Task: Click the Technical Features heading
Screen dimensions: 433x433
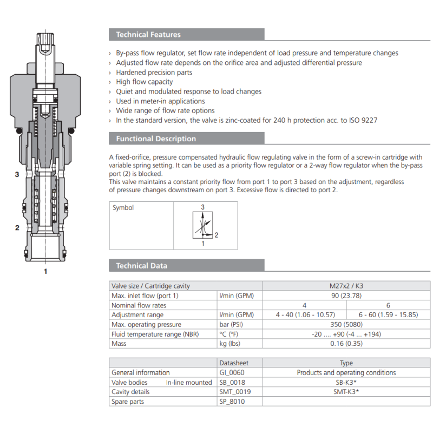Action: coord(148,35)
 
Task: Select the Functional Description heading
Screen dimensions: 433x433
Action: coord(156,139)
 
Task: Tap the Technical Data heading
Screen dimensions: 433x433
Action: coord(142,266)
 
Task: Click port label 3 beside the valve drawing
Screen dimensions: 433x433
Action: coord(17,175)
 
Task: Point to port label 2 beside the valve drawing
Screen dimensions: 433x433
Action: coord(17,228)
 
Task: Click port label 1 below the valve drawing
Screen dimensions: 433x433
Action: coord(45,271)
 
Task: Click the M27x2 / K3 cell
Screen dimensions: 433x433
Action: coord(346,286)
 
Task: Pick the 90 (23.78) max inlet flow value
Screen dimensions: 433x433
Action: coord(346,296)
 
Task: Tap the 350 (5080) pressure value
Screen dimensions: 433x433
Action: coord(346,324)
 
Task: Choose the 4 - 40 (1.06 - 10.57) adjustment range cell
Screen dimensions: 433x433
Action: coord(305,314)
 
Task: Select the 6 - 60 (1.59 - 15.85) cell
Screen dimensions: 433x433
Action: coord(388,314)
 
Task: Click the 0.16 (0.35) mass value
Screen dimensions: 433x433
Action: coord(346,344)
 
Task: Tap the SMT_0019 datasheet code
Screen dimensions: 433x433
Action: coord(235,392)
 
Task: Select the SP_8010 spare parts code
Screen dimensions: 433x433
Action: coord(233,402)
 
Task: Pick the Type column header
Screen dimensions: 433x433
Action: coord(346,363)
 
